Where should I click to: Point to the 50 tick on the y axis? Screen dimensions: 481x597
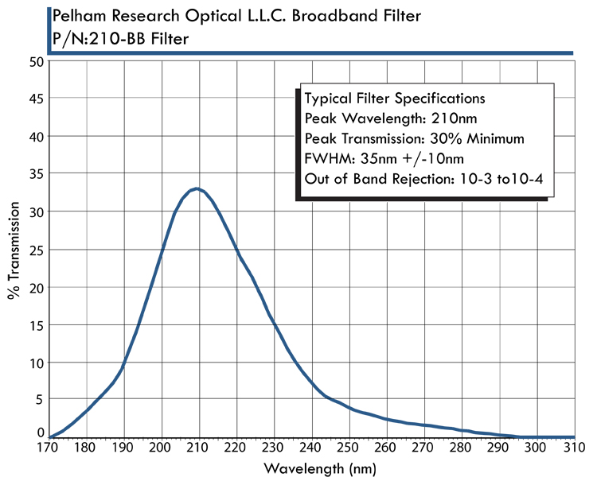(49, 60)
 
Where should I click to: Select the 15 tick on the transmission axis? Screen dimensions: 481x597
(49, 324)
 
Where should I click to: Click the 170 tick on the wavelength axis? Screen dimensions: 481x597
(49, 437)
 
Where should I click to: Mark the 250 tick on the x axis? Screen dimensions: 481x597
(349, 437)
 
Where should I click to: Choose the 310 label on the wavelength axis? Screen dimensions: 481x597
(574, 449)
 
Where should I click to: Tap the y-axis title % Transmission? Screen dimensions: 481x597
(14, 249)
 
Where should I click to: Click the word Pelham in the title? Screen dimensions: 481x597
(78, 17)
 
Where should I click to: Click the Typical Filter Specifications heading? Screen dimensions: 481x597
(395, 99)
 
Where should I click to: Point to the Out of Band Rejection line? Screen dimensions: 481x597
(423, 179)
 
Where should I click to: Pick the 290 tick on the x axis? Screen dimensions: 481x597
(499, 437)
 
